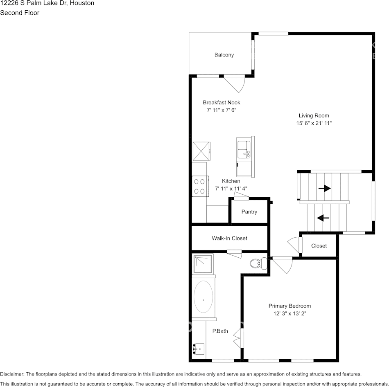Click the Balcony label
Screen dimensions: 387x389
[224, 55]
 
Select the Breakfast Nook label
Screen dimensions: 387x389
[222, 102]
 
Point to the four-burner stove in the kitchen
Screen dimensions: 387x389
[200, 186]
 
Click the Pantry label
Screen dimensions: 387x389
[249, 211]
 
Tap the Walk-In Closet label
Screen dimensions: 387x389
[229, 238]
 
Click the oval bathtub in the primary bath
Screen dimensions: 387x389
[203, 297]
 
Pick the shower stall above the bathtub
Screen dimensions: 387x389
[203, 264]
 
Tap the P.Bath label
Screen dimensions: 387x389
[220, 331]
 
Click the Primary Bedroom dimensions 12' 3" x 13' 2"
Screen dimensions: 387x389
[289, 314]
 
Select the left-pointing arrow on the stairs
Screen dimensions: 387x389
[323, 218]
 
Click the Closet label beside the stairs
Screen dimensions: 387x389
[319, 246]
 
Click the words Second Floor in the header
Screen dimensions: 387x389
[20, 13]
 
